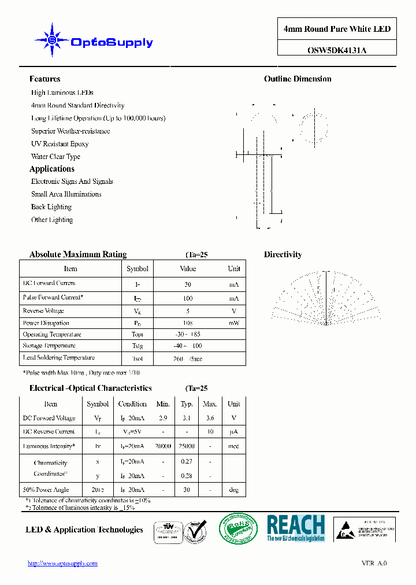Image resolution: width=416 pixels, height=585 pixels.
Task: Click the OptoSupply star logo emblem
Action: [52, 40]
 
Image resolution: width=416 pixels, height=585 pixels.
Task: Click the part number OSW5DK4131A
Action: [337, 50]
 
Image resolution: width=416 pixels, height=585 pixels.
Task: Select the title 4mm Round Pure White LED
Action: [337, 29]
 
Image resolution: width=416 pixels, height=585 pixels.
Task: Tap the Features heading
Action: [44, 79]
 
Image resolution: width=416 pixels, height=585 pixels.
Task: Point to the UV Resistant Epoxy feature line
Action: [60, 144]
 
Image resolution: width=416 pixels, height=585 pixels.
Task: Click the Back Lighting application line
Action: [51, 207]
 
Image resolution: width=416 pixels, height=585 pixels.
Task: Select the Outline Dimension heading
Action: [298, 79]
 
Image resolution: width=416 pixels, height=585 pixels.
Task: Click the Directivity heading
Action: [283, 254]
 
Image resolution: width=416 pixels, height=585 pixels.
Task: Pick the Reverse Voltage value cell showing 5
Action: [188, 310]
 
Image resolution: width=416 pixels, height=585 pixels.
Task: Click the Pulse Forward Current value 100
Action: [188, 298]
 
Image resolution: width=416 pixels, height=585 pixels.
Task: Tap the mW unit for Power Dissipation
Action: [233, 323]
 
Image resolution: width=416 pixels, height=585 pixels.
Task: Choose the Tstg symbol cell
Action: [137, 346]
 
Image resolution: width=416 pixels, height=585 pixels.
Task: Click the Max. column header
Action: [210, 404]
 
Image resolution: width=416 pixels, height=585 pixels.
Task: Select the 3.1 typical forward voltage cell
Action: [187, 418]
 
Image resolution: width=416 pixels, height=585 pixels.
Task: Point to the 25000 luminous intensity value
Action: [187, 446]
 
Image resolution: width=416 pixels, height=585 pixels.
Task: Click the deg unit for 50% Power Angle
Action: [233, 490]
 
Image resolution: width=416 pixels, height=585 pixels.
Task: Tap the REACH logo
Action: [296, 528]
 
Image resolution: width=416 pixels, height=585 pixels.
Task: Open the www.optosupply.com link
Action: [62, 564]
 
